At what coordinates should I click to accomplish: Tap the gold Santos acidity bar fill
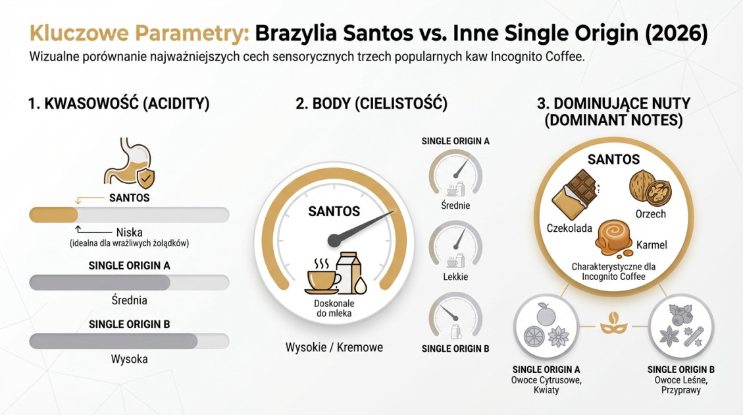(x=53, y=215)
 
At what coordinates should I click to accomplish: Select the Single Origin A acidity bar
(x=129, y=283)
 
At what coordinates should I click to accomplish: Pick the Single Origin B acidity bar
(x=129, y=341)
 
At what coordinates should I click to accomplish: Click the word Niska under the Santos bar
(x=129, y=232)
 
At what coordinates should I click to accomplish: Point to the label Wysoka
(x=129, y=359)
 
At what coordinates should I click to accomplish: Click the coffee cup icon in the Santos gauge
(x=322, y=277)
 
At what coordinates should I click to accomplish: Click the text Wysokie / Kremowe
(x=334, y=346)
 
